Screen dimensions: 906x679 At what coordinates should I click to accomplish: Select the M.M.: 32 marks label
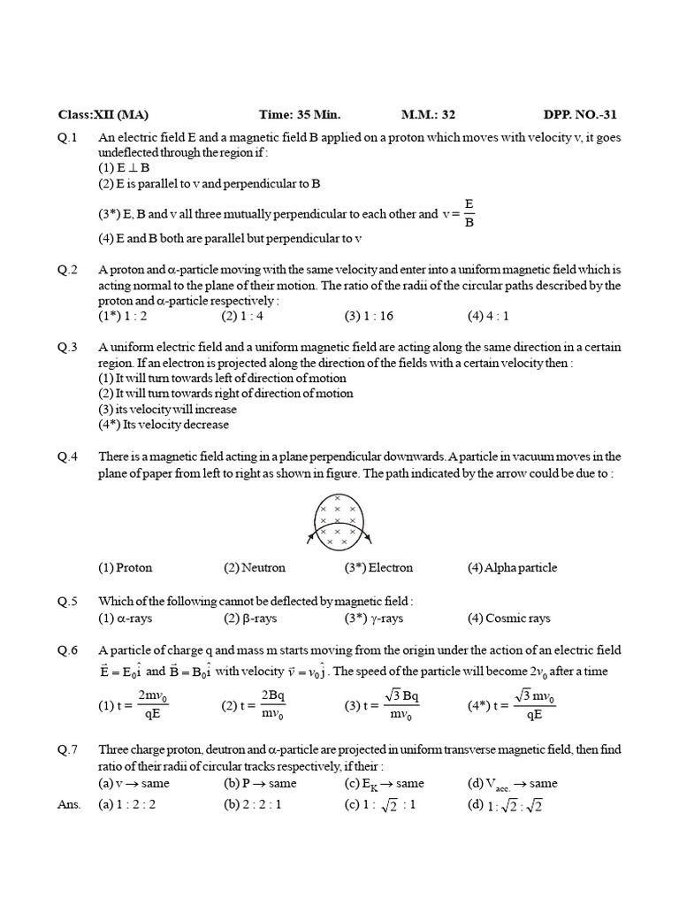[x=428, y=115]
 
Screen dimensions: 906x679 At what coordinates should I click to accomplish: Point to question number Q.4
[x=68, y=457]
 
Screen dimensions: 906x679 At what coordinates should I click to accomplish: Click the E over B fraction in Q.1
[x=469, y=213]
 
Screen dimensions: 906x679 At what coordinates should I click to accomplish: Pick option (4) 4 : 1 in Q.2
[x=488, y=315]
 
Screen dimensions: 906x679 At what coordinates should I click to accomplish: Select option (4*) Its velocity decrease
[x=164, y=424]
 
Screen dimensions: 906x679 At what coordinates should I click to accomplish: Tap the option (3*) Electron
[x=378, y=568]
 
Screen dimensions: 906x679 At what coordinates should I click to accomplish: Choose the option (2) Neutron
[x=255, y=568]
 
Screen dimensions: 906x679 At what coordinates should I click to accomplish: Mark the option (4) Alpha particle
[x=512, y=568]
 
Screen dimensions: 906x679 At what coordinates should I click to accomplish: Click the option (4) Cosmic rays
[x=508, y=618]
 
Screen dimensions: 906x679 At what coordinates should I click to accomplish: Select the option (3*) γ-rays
[x=373, y=618]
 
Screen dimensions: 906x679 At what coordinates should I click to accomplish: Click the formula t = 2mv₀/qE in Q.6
[x=135, y=705]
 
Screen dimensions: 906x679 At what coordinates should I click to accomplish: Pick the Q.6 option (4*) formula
[x=512, y=705]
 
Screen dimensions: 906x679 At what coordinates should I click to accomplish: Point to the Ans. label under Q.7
[x=69, y=804]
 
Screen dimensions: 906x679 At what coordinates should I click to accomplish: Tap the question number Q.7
[x=68, y=749]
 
